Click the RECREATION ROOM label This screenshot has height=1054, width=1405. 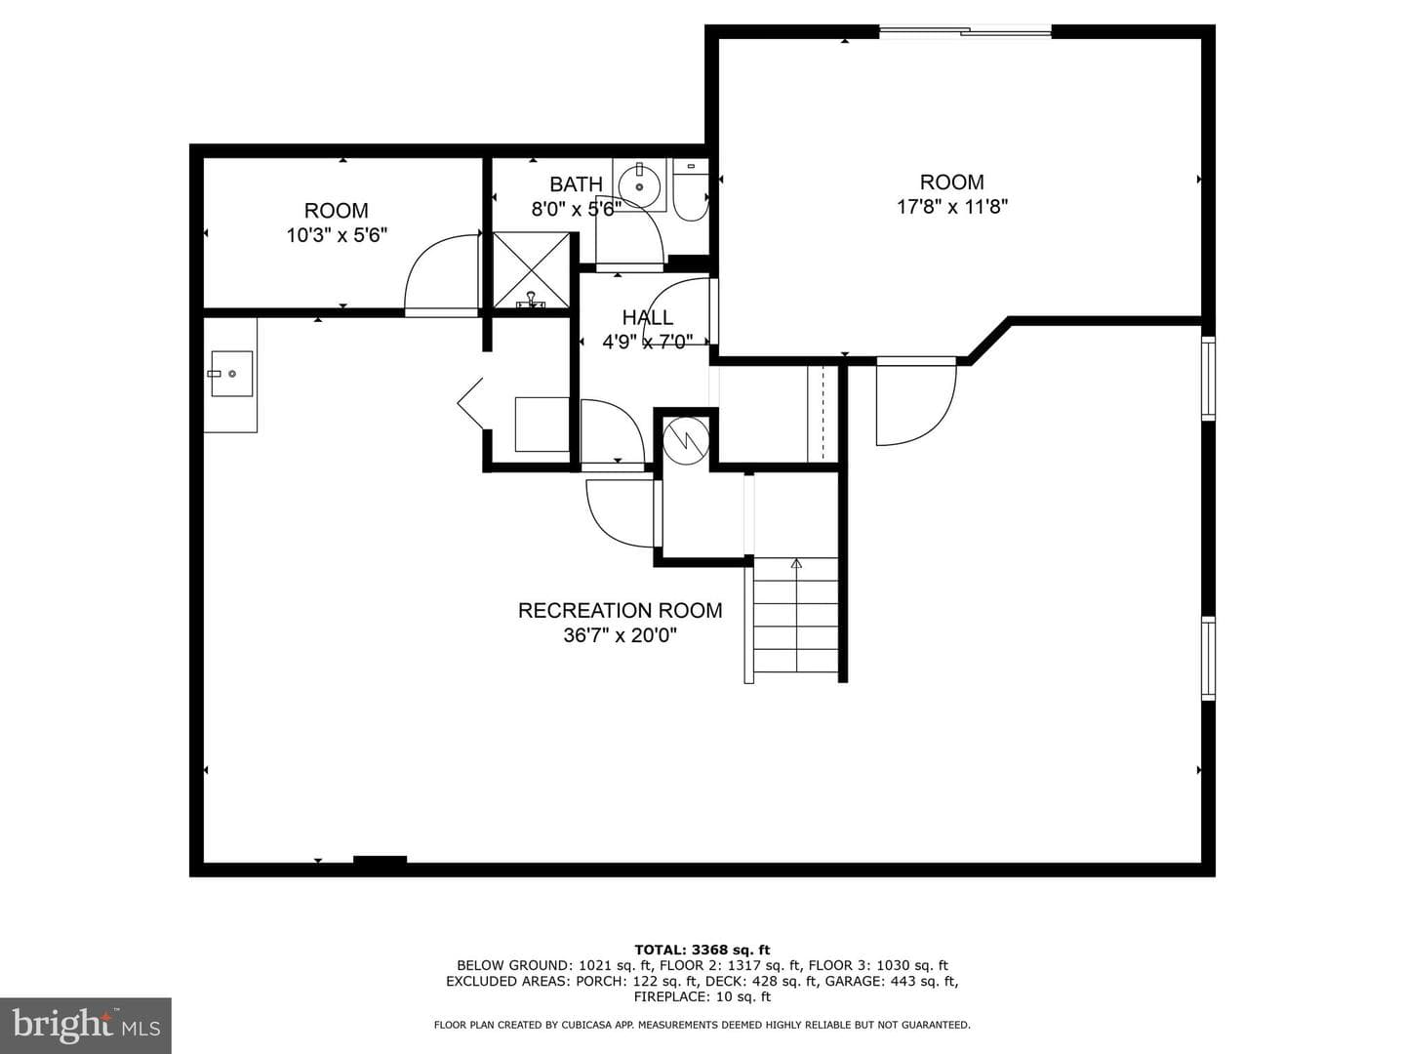620,611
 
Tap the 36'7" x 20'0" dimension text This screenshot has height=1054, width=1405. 620,635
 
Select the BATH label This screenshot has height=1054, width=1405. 576,184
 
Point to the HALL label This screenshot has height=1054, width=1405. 647,317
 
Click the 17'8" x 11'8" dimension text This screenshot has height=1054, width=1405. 952,207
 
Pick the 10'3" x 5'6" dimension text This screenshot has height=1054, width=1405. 337,235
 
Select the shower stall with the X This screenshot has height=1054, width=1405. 531,270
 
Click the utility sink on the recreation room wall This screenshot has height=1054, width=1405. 231,374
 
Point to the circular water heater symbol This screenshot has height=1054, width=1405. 686,439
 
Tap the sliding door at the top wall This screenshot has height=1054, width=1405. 965,30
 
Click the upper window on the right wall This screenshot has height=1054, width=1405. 1208,379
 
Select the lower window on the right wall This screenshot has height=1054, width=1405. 1208,658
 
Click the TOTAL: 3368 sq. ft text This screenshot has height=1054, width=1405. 702,950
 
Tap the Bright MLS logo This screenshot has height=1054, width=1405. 86,1026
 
